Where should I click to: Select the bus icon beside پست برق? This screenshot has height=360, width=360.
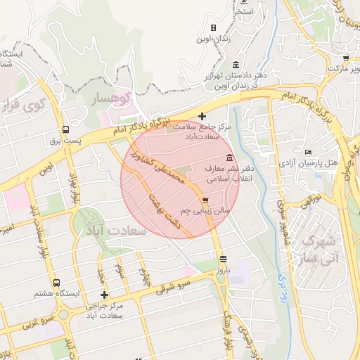tap(66, 129)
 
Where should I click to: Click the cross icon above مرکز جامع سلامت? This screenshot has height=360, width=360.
tap(202, 116)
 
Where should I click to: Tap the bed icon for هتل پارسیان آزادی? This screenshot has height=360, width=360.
tap(308, 152)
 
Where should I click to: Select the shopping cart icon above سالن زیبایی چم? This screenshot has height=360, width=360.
tap(205, 200)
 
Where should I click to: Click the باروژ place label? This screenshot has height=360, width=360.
tap(224, 269)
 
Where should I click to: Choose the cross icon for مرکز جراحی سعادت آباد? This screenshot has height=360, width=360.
tap(105, 295)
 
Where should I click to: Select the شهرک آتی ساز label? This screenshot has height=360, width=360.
tap(321, 249)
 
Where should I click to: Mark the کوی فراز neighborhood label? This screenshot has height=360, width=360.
tap(21, 107)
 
